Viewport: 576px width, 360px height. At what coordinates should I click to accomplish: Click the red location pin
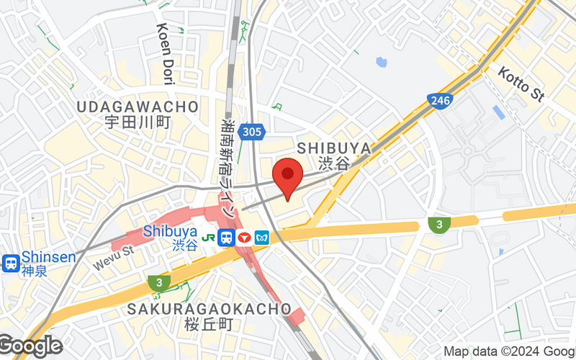coord(288,176)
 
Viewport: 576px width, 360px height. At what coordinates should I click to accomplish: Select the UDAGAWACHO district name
coord(137,107)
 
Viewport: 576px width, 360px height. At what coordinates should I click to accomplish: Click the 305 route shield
coord(253,132)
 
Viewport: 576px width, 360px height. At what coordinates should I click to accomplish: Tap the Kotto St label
coord(521,83)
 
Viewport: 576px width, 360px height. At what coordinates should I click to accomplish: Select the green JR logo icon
coord(208,237)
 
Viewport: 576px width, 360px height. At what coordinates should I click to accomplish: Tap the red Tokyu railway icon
coord(244,237)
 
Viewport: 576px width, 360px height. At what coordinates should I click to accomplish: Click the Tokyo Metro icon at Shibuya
coord(261,237)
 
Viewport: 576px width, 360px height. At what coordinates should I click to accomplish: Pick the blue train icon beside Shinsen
coord(11,264)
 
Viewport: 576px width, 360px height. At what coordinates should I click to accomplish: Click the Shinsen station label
coord(48,257)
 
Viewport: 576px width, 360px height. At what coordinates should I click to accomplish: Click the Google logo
coord(30,346)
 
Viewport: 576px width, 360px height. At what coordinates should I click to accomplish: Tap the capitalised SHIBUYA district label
coord(334,148)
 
